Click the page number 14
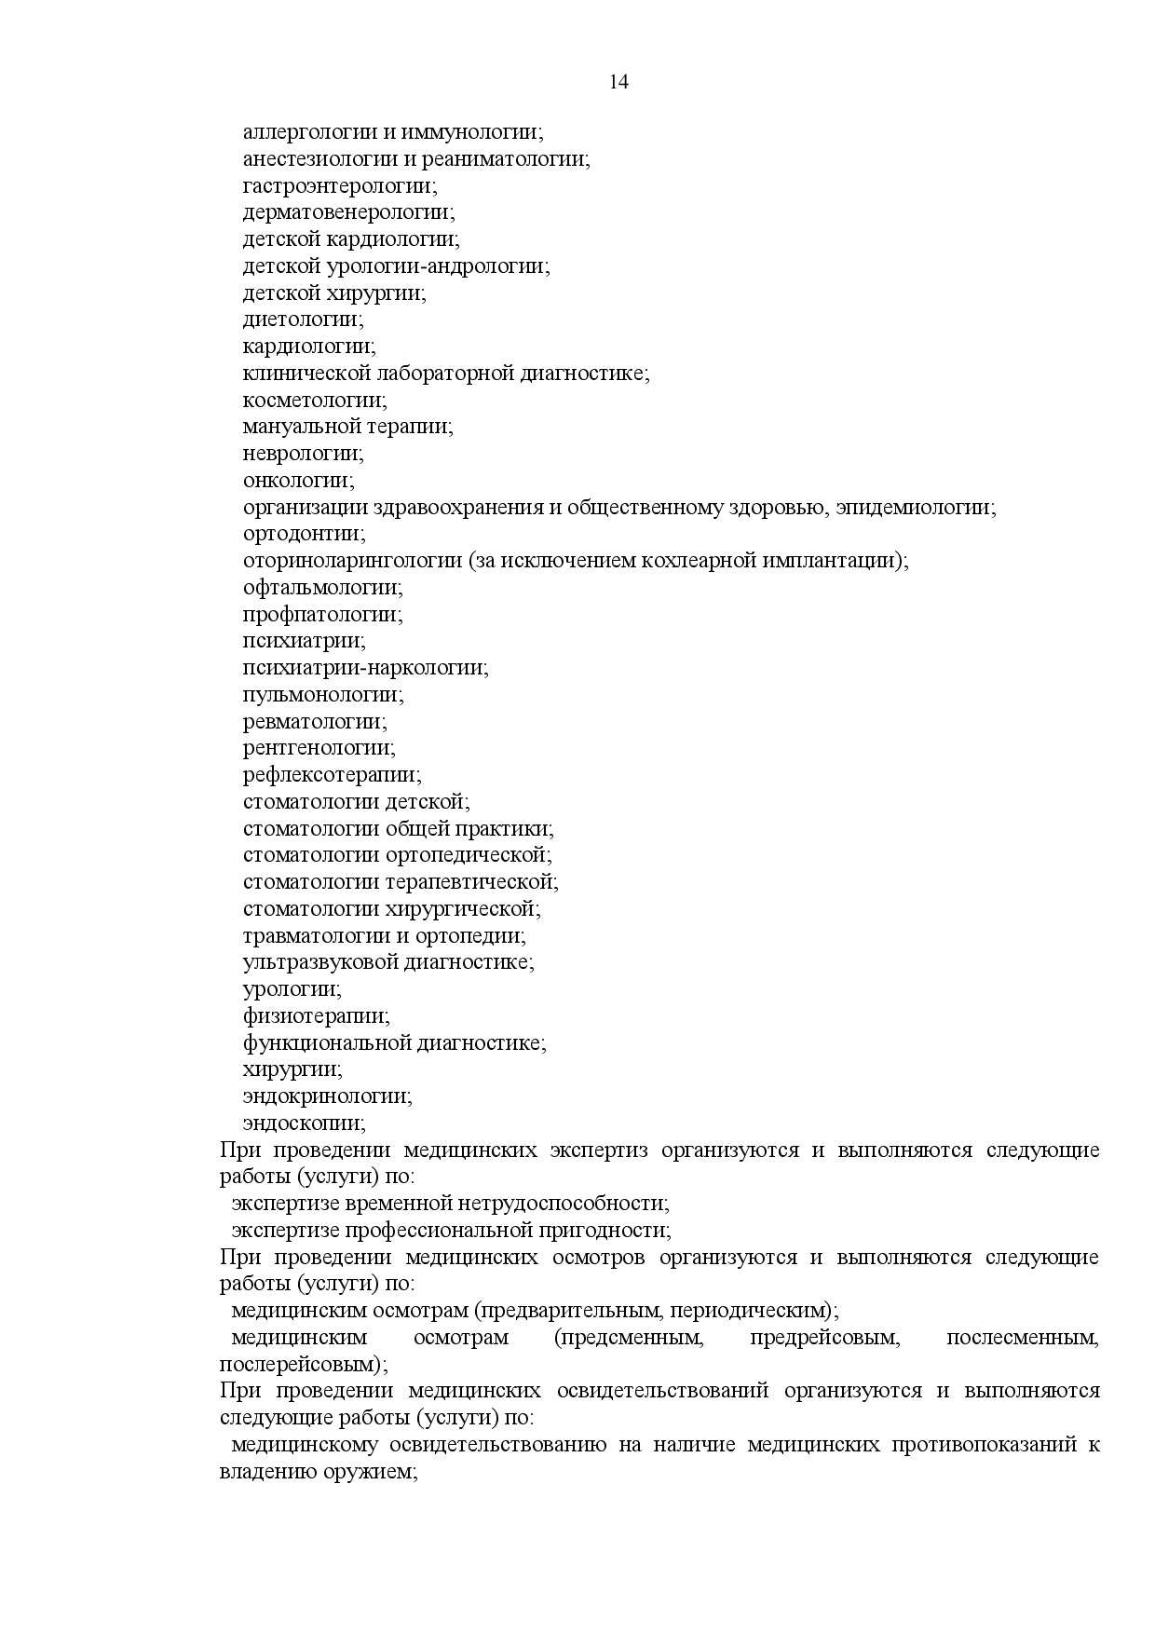(x=619, y=82)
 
